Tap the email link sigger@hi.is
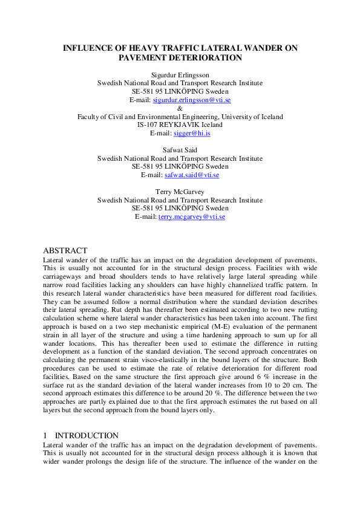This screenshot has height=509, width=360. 192,133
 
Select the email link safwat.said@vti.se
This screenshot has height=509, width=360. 192,175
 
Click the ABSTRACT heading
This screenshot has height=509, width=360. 65,251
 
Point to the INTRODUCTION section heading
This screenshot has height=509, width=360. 87,435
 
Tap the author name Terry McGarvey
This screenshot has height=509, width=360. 180,192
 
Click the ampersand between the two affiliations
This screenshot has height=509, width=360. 180,108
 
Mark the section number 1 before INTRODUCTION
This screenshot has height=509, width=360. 45,435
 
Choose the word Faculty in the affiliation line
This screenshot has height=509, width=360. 89,117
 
